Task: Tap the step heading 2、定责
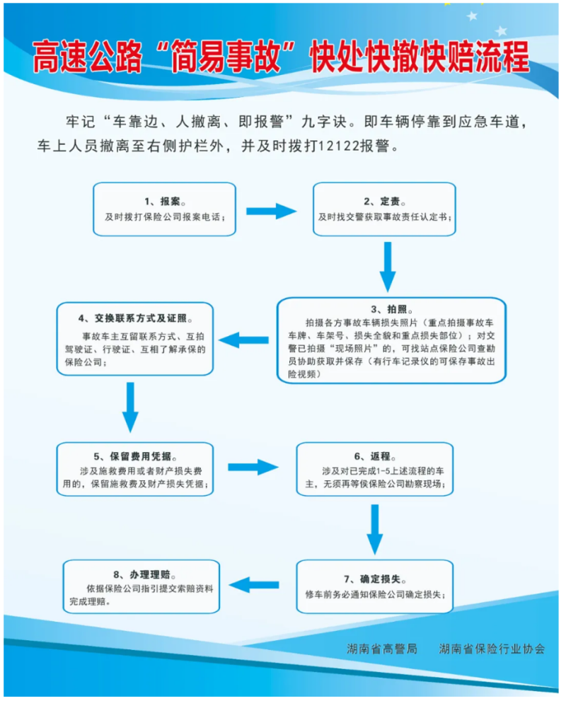pyautogui.click(x=384, y=202)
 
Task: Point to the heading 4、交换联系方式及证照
pyautogui.click(x=135, y=318)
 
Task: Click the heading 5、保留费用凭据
pyautogui.click(x=135, y=456)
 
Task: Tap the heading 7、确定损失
pyautogui.click(x=375, y=579)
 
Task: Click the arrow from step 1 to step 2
pyautogui.click(x=272, y=212)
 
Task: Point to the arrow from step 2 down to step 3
pyautogui.click(x=388, y=267)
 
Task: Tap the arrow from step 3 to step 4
pyautogui.click(x=243, y=340)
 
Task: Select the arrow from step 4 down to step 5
pyautogui.click(x=130, y=407)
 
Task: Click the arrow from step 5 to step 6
pyautogui.click(x=253, y=468)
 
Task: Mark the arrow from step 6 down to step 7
pyautogui.click(x=375, y=530)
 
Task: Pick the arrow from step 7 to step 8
pyautogui.click(x=254, y=585)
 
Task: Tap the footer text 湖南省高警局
pyautogui.click(x=382, y=649)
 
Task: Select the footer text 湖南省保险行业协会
pyautogui.click(x=492, y=649)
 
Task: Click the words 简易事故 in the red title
pyautogui.click(x=226, y=57)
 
